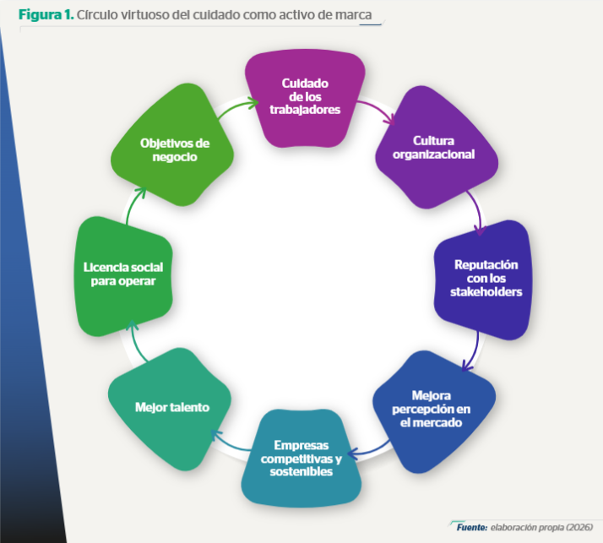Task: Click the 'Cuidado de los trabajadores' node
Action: point(305,98)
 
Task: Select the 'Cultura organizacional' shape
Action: point(437,148)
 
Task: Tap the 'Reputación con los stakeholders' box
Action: point(482,280)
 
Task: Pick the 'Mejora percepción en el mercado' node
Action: point(434,411)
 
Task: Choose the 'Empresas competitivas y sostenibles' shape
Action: point(301,458)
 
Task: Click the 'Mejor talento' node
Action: point(170,409)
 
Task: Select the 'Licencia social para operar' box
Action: point(123,276)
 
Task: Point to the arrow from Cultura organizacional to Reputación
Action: point(476,211)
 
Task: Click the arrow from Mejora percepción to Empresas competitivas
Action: point(370,452)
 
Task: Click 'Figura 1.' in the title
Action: point(46,14)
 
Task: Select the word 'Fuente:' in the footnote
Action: point(472,527)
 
